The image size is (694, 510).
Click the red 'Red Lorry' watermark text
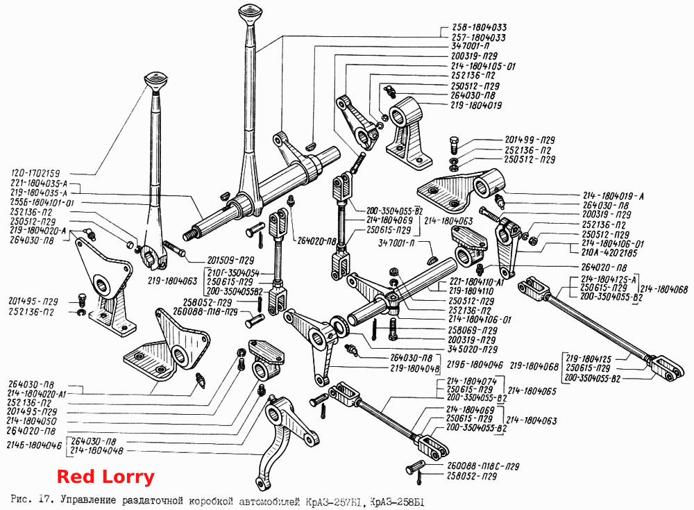[x=105, y=477]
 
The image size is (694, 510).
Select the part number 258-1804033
[x=479, y=28]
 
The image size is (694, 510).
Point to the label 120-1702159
[x=36, y=173]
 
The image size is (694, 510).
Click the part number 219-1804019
[x=476, y=106]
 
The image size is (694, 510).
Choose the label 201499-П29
[x=530, y=140]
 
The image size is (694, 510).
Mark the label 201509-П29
[x=230, y=260]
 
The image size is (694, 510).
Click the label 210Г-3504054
[x=233, y=273]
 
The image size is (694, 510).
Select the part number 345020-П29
[x=472, y=349]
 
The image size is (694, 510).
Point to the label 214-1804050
[x=32, y=421]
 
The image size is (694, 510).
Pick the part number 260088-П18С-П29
[x=482, y=466]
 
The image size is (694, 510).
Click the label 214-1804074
[x=472, y=381]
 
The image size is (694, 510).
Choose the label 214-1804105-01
[x=483, y=67]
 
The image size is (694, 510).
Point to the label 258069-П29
[x=473, y=330]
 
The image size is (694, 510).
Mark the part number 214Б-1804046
[x=34, y=445]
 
